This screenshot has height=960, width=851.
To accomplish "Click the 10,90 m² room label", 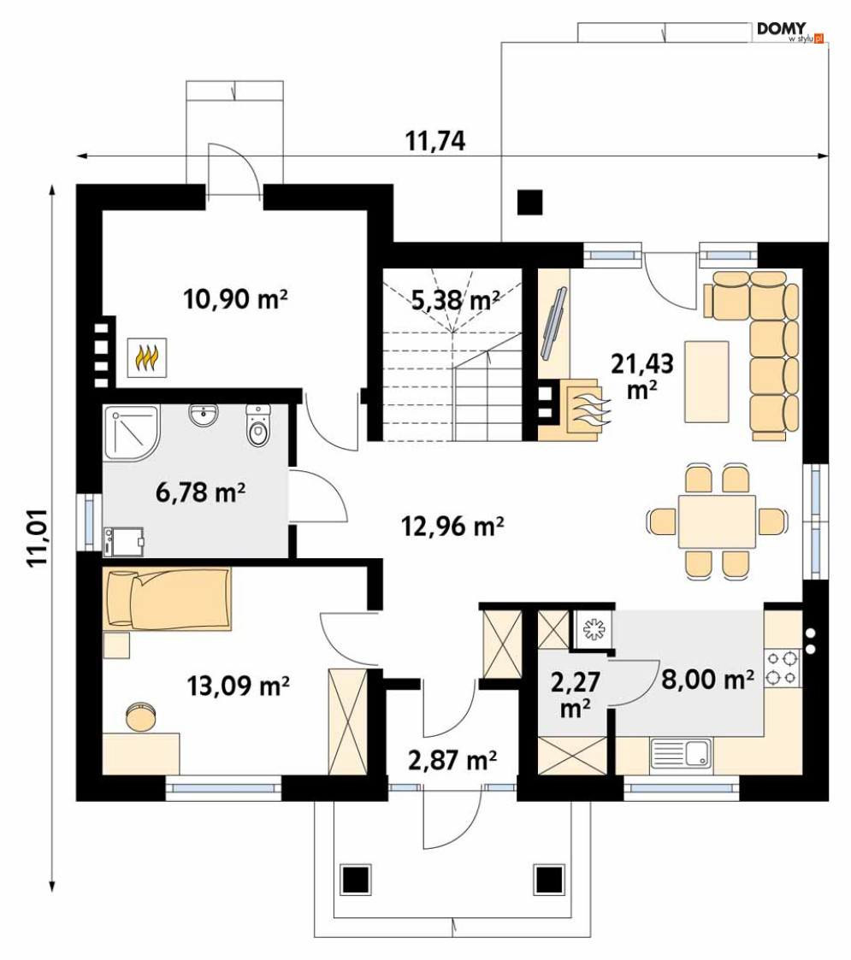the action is [x=235, y=299].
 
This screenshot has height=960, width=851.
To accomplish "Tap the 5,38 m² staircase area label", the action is [x=455, y=300].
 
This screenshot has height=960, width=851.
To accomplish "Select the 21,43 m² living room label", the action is [x=642, y=376].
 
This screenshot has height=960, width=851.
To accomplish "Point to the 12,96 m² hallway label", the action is [x=452, y=526].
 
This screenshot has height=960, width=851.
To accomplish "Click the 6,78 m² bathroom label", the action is [x=200, y=492].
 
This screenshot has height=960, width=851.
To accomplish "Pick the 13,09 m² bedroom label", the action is [x=238, y=686].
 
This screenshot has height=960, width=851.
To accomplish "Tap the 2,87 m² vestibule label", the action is [x=452, y=761].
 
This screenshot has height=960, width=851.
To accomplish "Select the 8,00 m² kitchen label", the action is [x=707, y=680].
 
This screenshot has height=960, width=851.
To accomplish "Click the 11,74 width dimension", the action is [x=435, y=141].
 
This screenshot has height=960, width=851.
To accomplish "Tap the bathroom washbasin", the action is [x=203, y=415].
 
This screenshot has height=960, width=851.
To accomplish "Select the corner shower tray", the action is [x=131, y=433].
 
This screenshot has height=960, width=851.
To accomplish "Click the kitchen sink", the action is [x=681, y=752].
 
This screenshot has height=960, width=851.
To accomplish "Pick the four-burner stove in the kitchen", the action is [x=783, y=668].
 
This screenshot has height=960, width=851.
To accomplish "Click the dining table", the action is [x=717, y=521].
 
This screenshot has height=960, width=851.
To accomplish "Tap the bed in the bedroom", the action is [x=167, y=598].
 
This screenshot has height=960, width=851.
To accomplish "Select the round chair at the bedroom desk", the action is [x=141, y=716].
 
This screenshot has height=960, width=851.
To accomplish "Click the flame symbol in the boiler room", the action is [x=147, y=358].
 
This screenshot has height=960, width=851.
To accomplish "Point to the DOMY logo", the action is [x=789, y=32].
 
